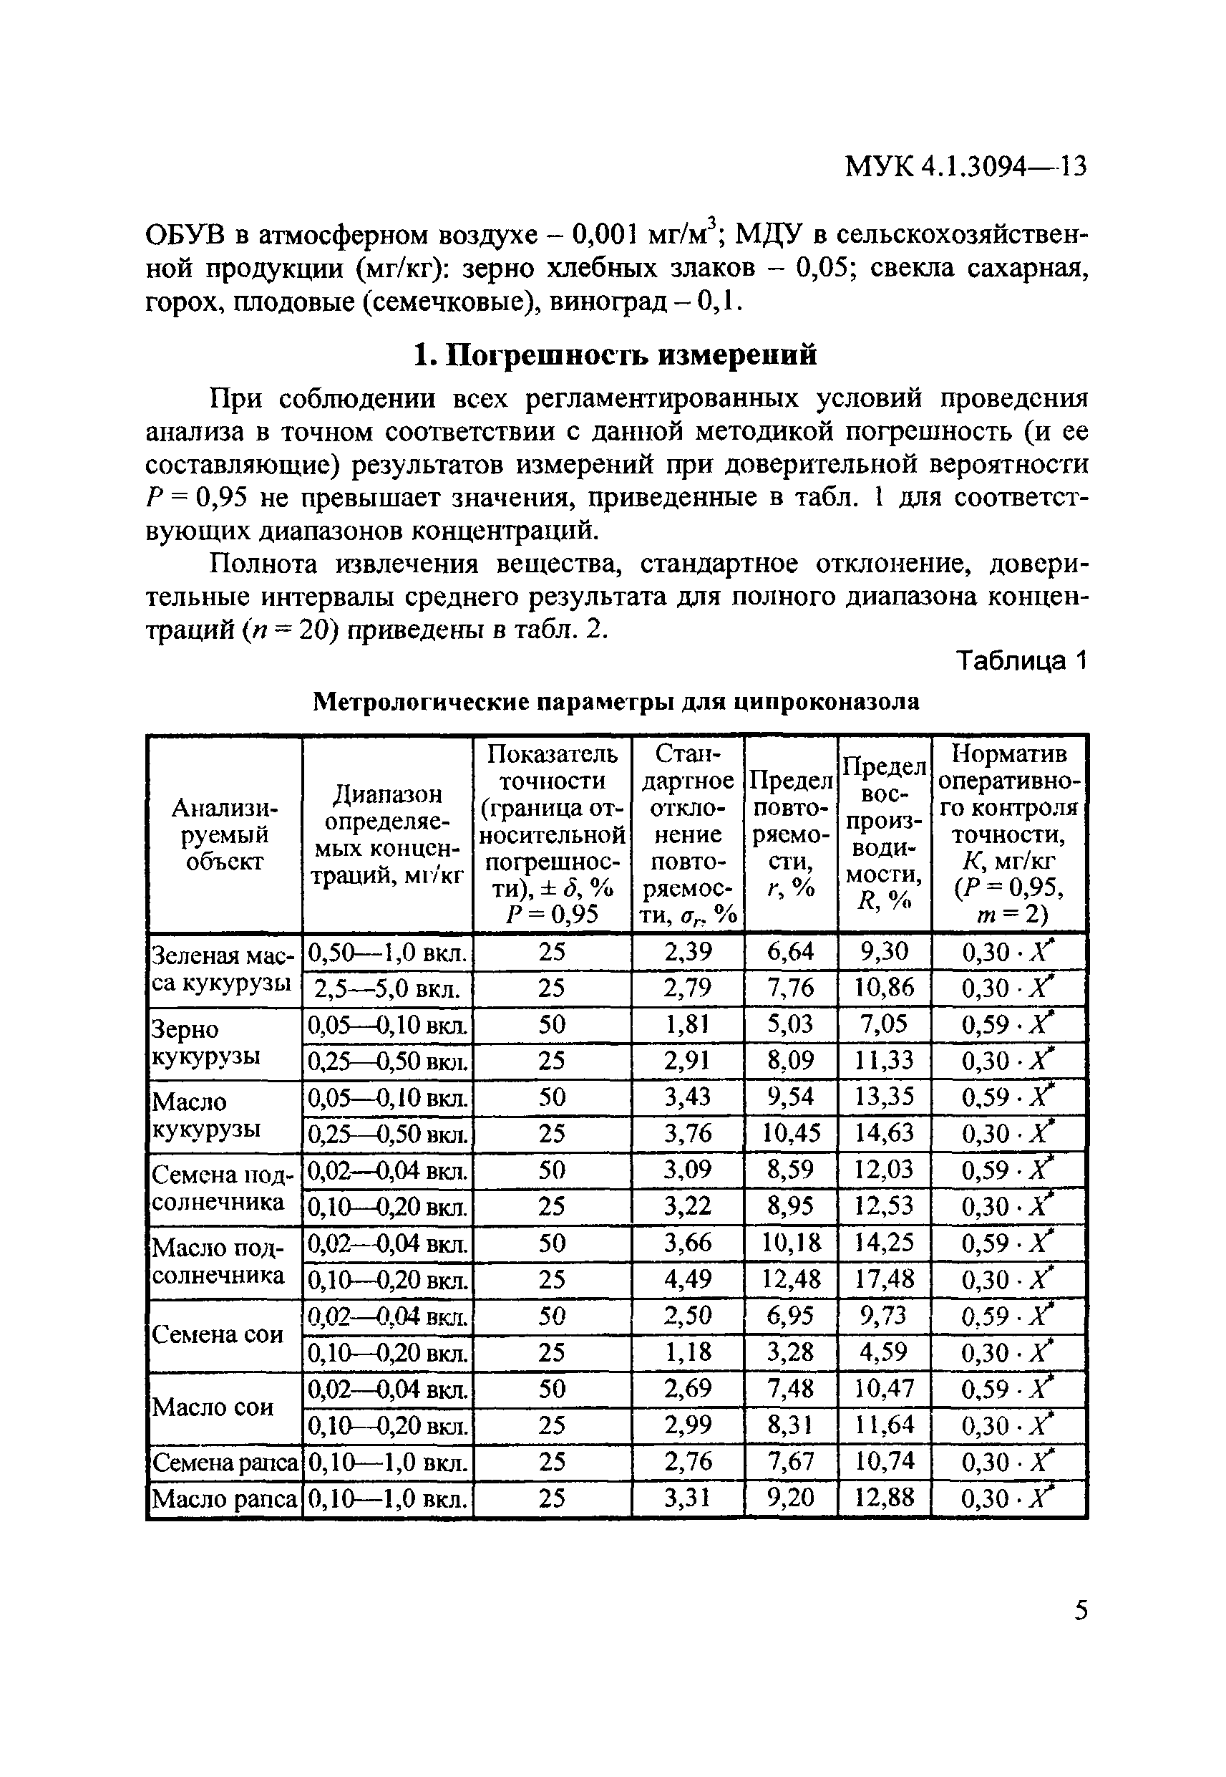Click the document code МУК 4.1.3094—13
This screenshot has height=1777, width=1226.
coord(965,167)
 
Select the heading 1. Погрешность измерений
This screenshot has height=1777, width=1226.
coord(615,355)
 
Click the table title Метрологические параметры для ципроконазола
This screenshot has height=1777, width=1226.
coord(616,702)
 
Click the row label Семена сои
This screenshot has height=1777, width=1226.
coord(218,1334)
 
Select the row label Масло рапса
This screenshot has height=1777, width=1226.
coord(224,1499)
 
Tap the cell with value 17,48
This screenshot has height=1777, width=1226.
coord(884,1279)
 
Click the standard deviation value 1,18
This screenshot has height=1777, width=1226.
coord(688,1352)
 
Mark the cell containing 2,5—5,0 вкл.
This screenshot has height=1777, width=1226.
coord(387,988)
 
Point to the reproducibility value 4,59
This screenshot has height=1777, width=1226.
coord(884,1352)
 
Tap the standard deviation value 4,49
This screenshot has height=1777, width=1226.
coord(688,1279)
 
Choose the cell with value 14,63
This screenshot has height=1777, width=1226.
coord(884,1133)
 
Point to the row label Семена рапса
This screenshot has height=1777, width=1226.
coord(224,1462)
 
